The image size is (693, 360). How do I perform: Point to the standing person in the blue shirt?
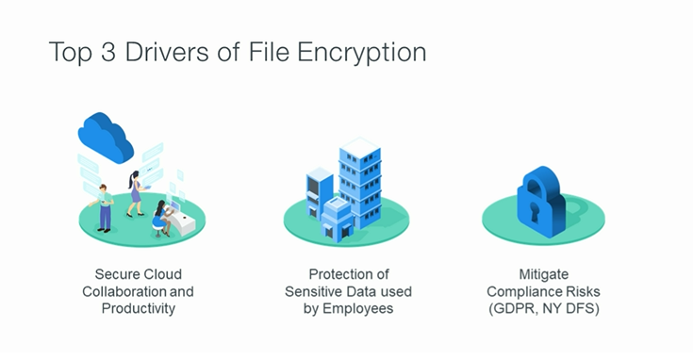[x=105, y=208]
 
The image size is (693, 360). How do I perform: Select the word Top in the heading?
[x=68, y=52]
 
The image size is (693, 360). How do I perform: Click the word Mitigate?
[x=543, y=274]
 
